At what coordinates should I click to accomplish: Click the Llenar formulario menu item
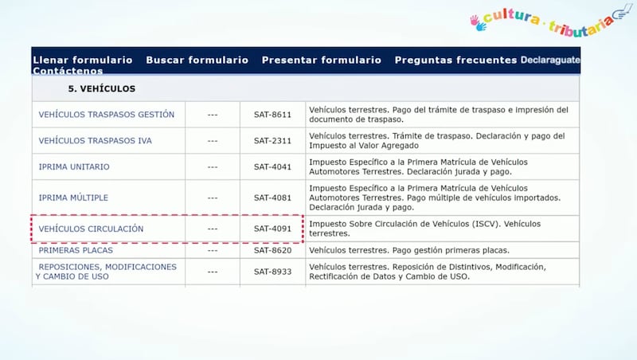[x=83, y=61]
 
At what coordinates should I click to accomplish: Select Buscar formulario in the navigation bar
[x=197, y=61]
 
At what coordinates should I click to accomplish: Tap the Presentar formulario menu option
[x=322, y=61]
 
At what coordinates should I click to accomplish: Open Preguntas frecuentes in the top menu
[x=455, y=61]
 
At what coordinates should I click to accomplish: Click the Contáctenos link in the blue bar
[x=68, y=71]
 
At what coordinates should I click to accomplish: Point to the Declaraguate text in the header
[x=550, y=61]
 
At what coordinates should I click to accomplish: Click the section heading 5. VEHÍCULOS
[x=102, y=88]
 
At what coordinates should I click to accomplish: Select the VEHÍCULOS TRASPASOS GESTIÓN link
[x=107, y=115]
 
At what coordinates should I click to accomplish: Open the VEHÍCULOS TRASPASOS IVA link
[x=95, y=141]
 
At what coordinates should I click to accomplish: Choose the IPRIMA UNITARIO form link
[x=74, y=166]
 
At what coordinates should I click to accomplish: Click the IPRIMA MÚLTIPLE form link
[x=73, y=198]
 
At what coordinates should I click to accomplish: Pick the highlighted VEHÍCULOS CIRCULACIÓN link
[x=91, y=229]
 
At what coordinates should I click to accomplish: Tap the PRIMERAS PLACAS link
[x=76, y=250]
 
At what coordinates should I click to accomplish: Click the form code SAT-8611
[x=272, y=115]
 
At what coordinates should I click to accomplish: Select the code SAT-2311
[x=272, y=141]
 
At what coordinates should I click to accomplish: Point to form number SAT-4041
[x=272, y=166]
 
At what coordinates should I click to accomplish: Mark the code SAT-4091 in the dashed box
[x=272, y=229]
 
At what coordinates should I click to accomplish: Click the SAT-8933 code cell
[x=272, y=272]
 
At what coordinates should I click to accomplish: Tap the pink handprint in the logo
[x=474, y=21]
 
